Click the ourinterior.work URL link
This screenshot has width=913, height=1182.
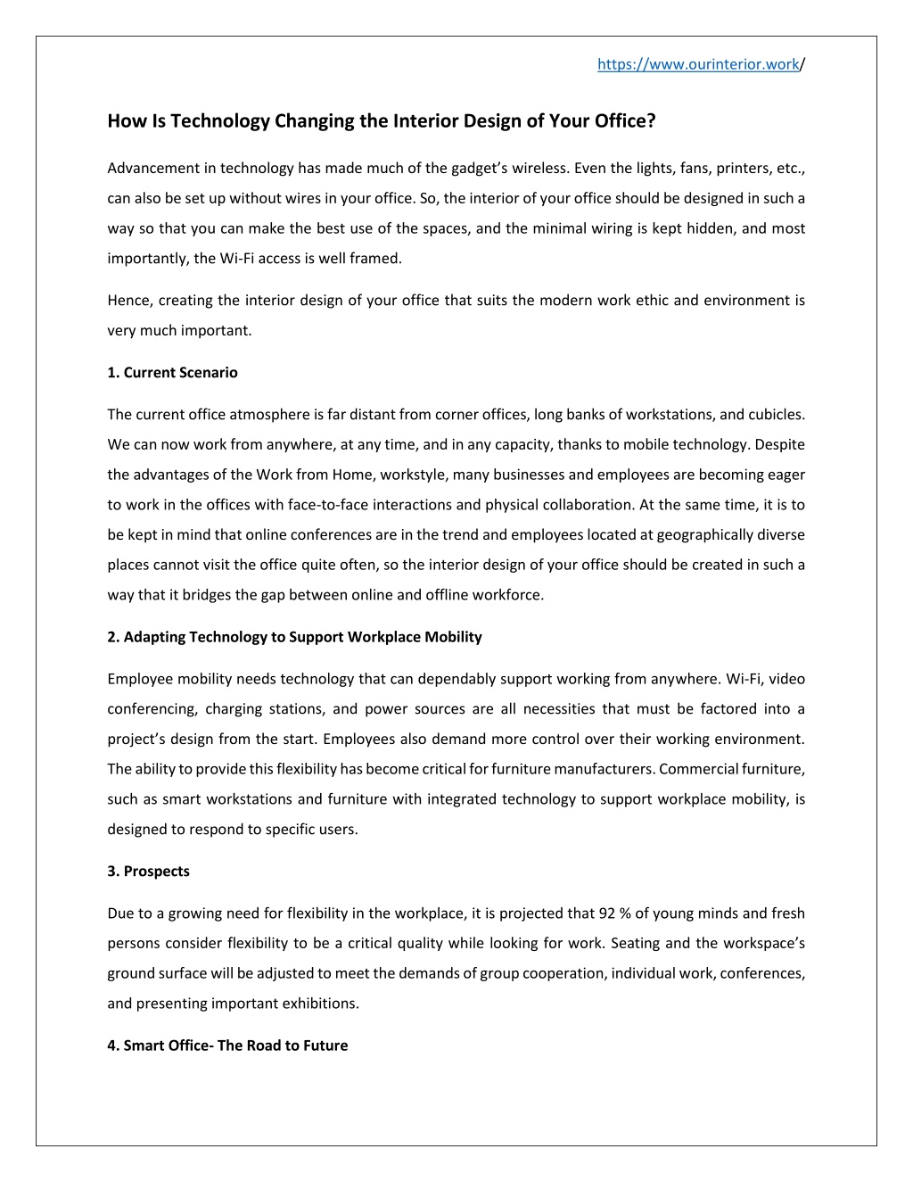click(698, 64)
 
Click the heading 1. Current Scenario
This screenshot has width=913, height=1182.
click(172, 373)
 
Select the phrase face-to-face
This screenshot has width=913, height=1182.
click(325, 505)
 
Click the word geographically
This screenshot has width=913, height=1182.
click(710, 535)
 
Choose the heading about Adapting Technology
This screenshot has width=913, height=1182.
click(294, 637)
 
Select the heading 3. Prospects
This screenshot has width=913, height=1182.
click(148, 872)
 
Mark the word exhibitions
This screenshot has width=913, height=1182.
click(321, 1004)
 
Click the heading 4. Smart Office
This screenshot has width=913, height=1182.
click(227, 1046)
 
